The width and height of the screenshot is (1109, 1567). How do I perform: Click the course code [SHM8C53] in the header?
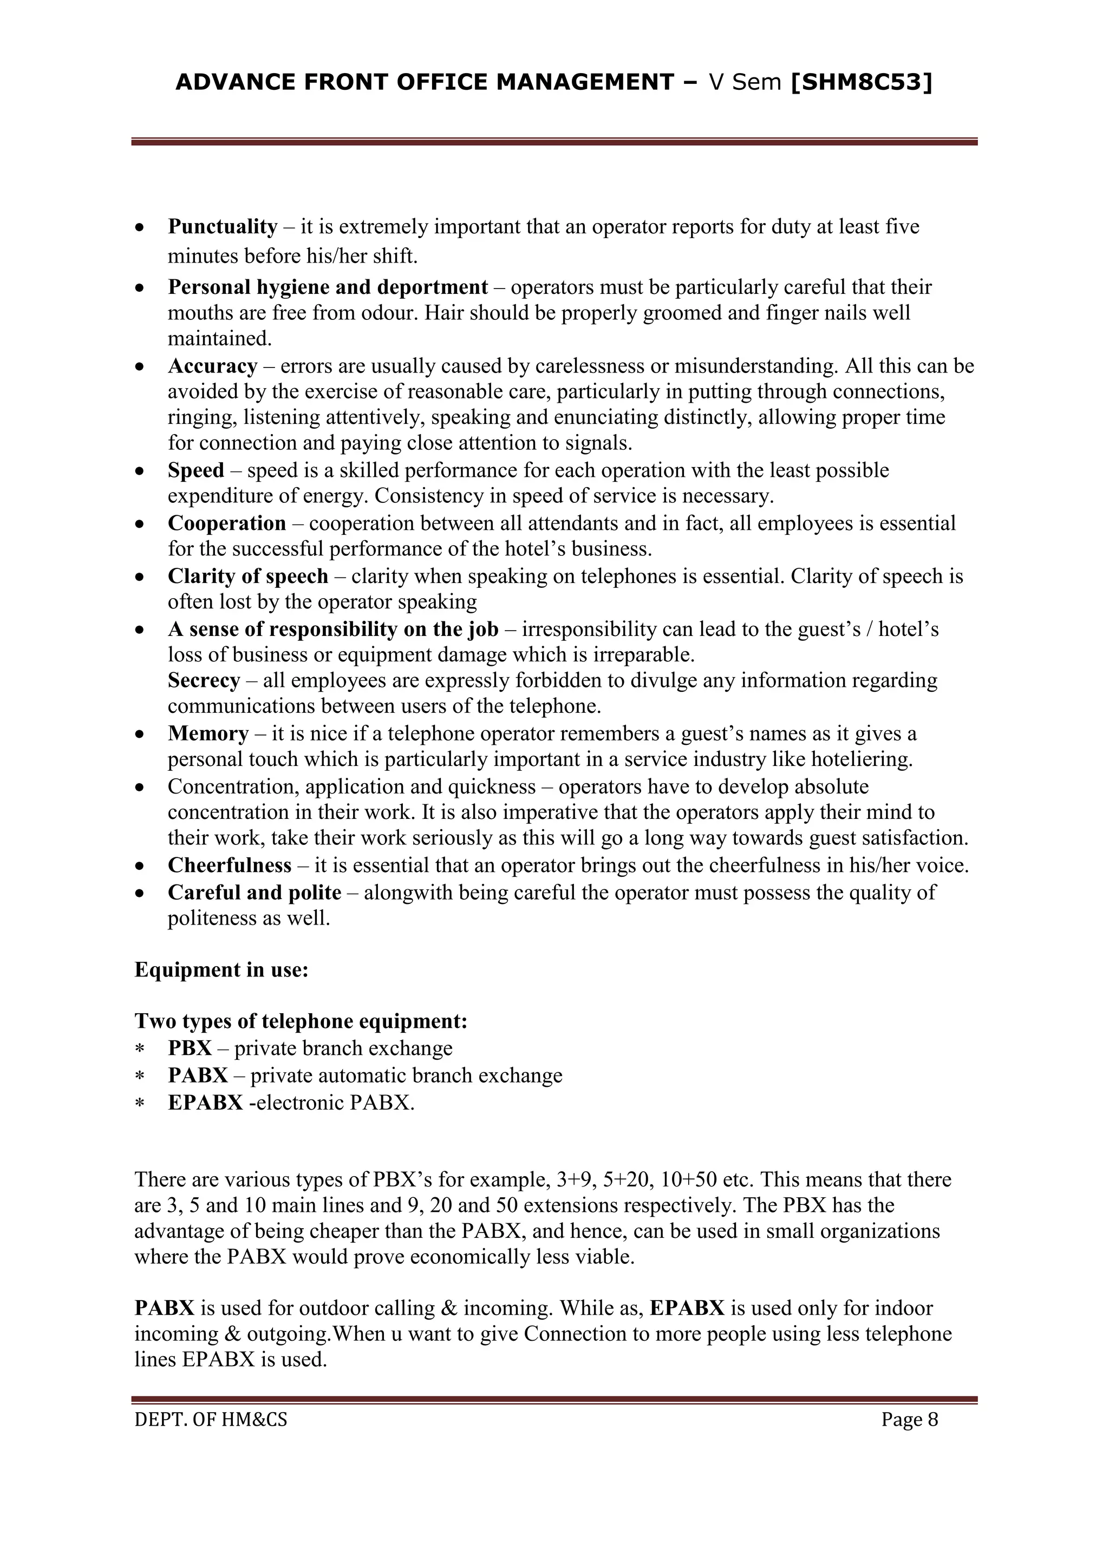pyautogui.click(x=861, y=83)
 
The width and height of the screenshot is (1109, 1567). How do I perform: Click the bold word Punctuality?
pyautogui.click(x=223, y=227)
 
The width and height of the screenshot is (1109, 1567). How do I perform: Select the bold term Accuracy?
pyautogui.click(x=212, y=366)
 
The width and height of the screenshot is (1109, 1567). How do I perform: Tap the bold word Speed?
pyautogui.click(x=196, y=471)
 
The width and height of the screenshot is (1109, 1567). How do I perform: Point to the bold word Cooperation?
pyautogui.click(x=227, y=523)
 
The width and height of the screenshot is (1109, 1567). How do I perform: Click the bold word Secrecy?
pyautogui.click(x=204, y=680)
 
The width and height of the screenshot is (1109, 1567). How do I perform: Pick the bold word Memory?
pyautogui.click(x=208, y=733)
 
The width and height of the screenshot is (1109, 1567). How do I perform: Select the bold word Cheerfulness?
pyautogui.click(x=230, y=866)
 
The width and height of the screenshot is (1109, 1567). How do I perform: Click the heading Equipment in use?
pyautogui.click(x=221, y=970)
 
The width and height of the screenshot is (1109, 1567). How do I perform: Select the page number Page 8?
pyautogui.click(x=910, y=1420)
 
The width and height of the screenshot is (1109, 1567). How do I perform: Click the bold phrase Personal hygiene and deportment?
pyautogui.click(x=328, y=287)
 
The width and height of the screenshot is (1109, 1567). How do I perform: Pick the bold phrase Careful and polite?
pyautogui.click(x=254, y=892)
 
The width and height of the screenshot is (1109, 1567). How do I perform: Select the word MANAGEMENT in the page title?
pyautogui.click(x=584, y=83)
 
